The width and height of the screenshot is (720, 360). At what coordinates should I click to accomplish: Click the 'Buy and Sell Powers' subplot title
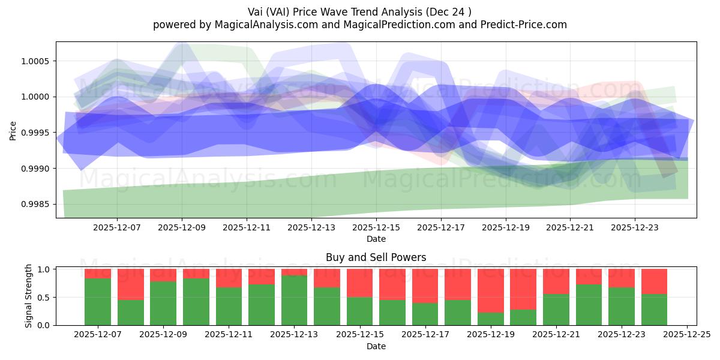coord(376,257)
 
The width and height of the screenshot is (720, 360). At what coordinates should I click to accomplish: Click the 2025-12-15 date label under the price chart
coord(376,228)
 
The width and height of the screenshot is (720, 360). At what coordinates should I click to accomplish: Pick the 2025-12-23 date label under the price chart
coord(635,228)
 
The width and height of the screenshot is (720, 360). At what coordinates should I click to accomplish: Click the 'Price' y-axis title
coord(13,130)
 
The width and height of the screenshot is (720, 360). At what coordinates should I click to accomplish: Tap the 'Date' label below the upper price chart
coord(376,239)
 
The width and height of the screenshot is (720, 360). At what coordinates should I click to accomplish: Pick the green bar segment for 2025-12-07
coord(98,301)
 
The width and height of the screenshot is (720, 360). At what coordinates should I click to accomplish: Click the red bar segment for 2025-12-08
coord(130,284)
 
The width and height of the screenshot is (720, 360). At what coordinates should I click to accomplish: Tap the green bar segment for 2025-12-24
coord(654,310)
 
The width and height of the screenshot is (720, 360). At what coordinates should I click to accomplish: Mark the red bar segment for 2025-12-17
coord(425,286)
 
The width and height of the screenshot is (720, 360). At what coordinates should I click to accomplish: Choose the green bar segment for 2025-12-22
coord(589,305)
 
